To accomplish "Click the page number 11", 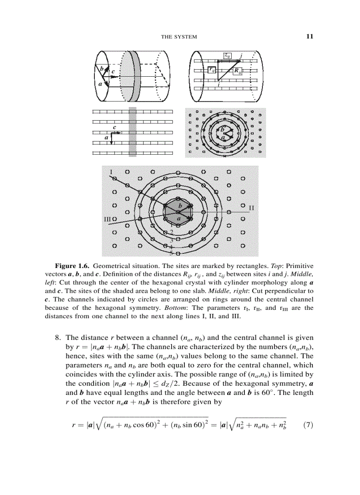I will [x=309, y=36].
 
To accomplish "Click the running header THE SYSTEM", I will [x=179, y=37].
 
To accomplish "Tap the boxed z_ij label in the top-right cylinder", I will [x=228, y=56].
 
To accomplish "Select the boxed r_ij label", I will [x=212, y=70].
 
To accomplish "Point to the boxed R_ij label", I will [x=237, y=70].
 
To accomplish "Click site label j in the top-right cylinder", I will [x=241, y=55].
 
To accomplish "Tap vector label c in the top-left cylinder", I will [x=113, y=71].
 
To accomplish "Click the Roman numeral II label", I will [x=251, y=207].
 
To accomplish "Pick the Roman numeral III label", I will [x=107, y=219].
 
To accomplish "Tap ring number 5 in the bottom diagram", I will [x=171, y=253].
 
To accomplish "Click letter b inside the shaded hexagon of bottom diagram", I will [x=180, y=206].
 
